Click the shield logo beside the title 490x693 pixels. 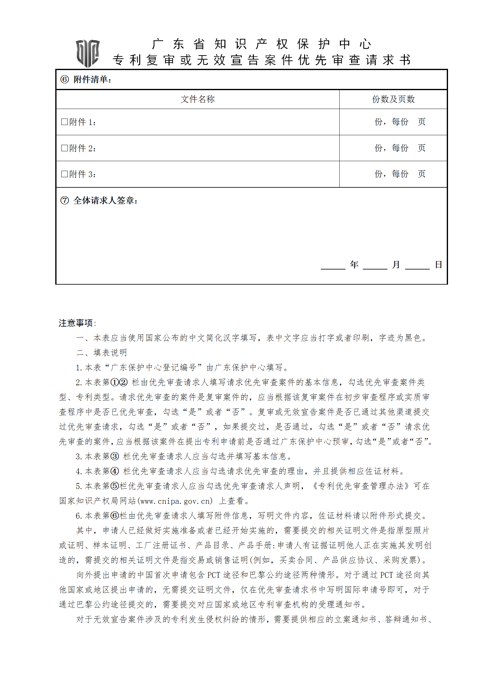pos(88,53)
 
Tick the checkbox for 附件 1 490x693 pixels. pos(65,122)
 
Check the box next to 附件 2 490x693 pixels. pos(65,148)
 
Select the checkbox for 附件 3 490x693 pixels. pos(65,174)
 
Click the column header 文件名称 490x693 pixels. pos(198,99)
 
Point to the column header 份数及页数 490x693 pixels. pos(393,99)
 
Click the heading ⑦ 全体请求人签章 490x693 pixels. pos(99,201)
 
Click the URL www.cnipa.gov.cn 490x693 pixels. pos(176,501)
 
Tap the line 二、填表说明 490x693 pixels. pos(102,353)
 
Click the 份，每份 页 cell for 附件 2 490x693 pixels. pos(400,148)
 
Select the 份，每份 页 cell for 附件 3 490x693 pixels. pos(400,174)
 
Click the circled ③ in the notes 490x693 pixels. pos(115,457)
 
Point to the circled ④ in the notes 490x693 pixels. pos(115,471)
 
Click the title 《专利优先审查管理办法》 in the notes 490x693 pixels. pos(360,486)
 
